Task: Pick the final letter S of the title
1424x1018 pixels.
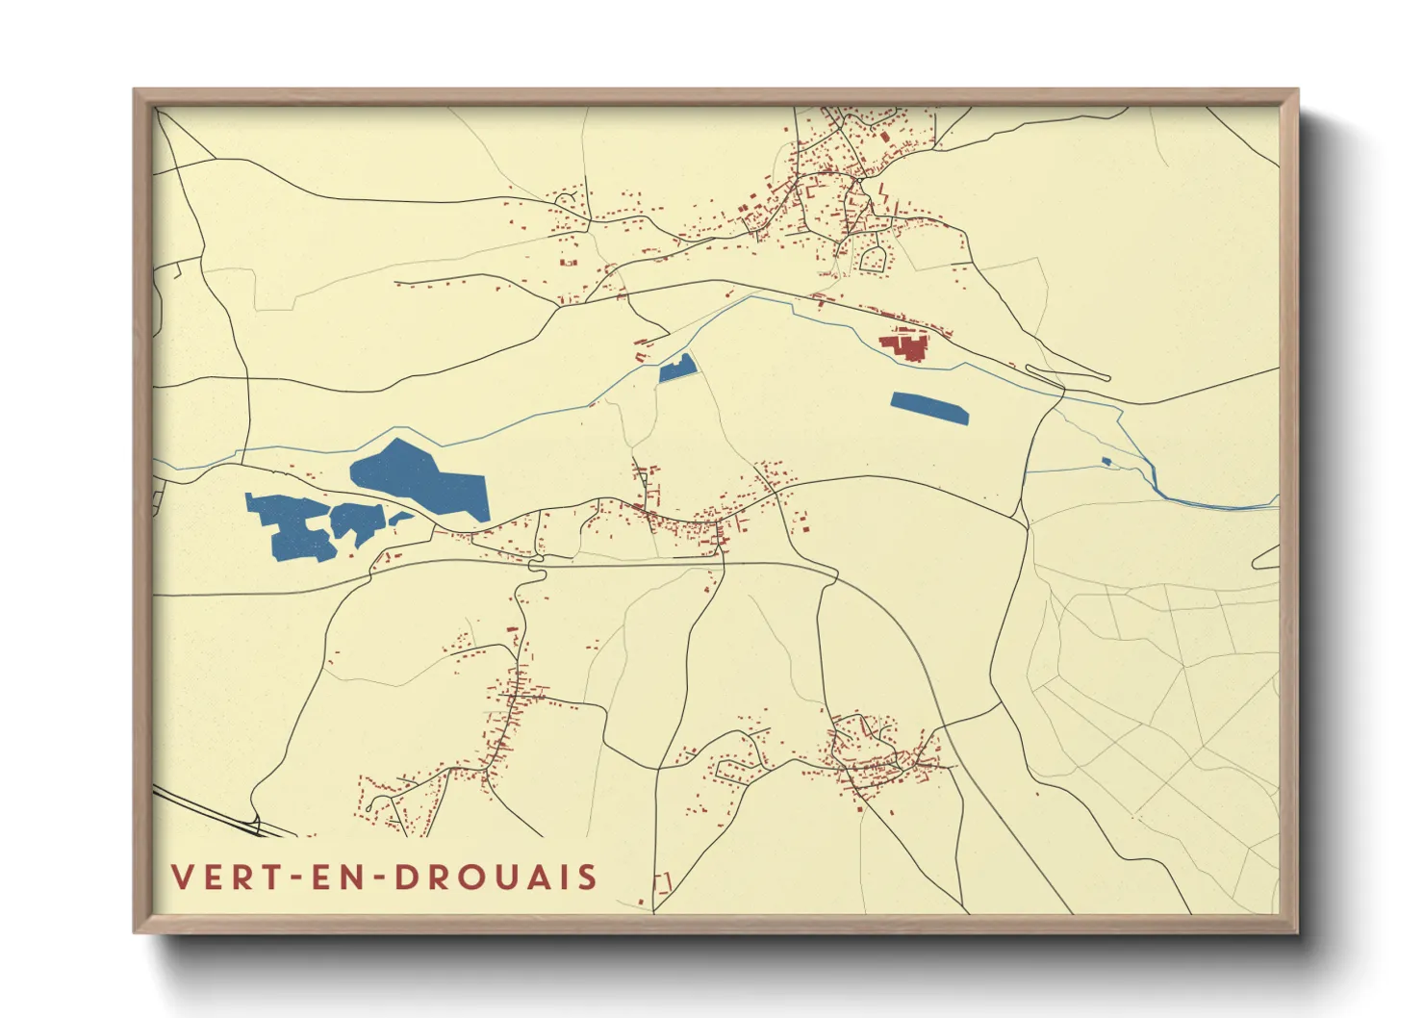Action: [587, 878]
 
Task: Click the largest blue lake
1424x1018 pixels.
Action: [423, 476]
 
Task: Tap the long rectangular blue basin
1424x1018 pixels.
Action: [928, 408]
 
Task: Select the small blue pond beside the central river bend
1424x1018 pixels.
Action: [676, 369]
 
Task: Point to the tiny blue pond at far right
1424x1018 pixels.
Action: [1106, 462]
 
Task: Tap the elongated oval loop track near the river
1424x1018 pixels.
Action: [1068, 372]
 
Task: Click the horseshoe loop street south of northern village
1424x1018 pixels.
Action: [874, 258]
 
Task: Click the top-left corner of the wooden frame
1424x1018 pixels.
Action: [136, 91]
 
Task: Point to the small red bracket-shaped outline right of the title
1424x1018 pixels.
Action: [663, 881]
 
